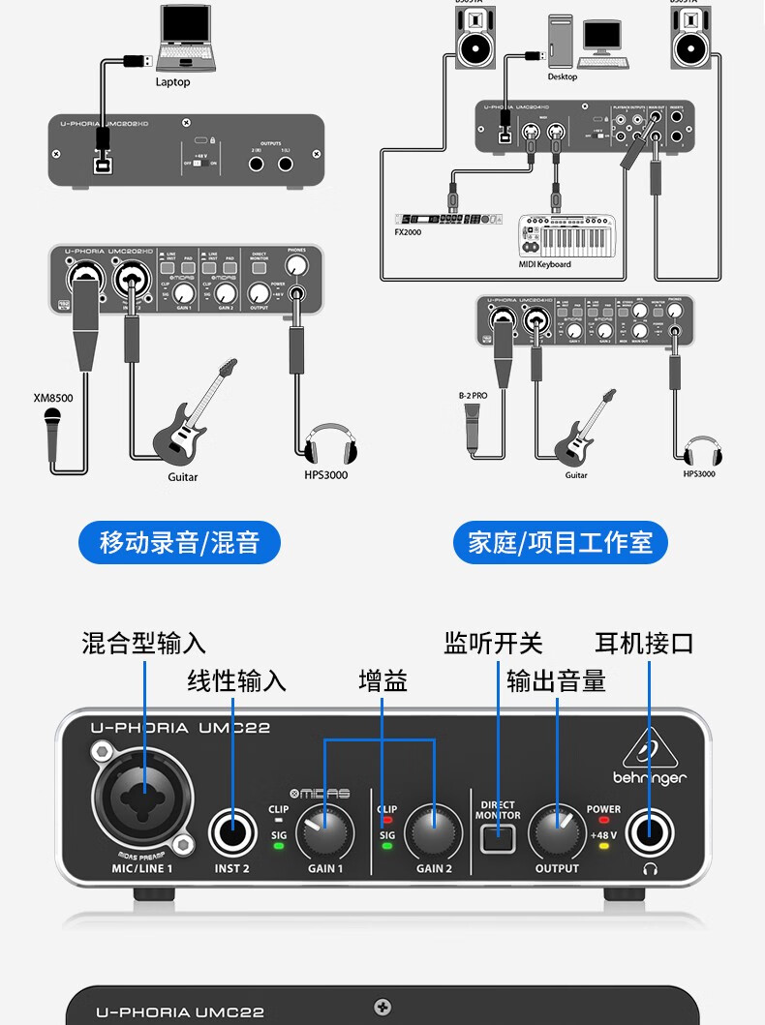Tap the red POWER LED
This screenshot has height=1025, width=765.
click(603, 820)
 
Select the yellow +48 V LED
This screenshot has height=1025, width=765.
click(603, 845)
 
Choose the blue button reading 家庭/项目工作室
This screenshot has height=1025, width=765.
click(561, 542)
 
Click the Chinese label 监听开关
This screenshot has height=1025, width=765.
click(493, 643)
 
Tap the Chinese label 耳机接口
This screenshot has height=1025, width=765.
click(644, 643)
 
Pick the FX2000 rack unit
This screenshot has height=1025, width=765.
click(449, 219)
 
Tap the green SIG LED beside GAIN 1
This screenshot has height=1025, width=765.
click(279, 845)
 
